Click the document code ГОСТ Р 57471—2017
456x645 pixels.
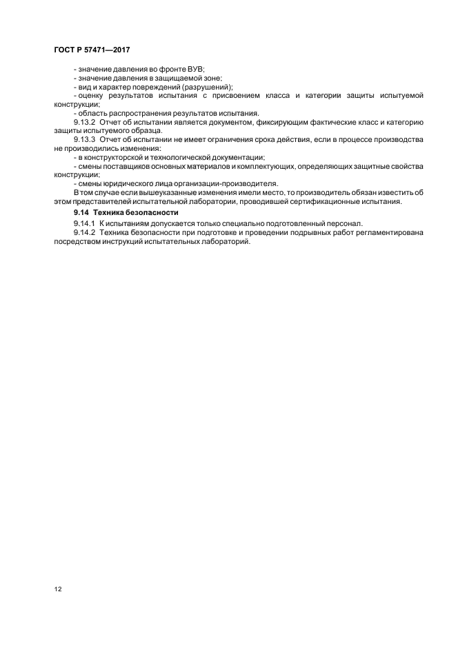[91, 50]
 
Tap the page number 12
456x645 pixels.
[57, 589]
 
